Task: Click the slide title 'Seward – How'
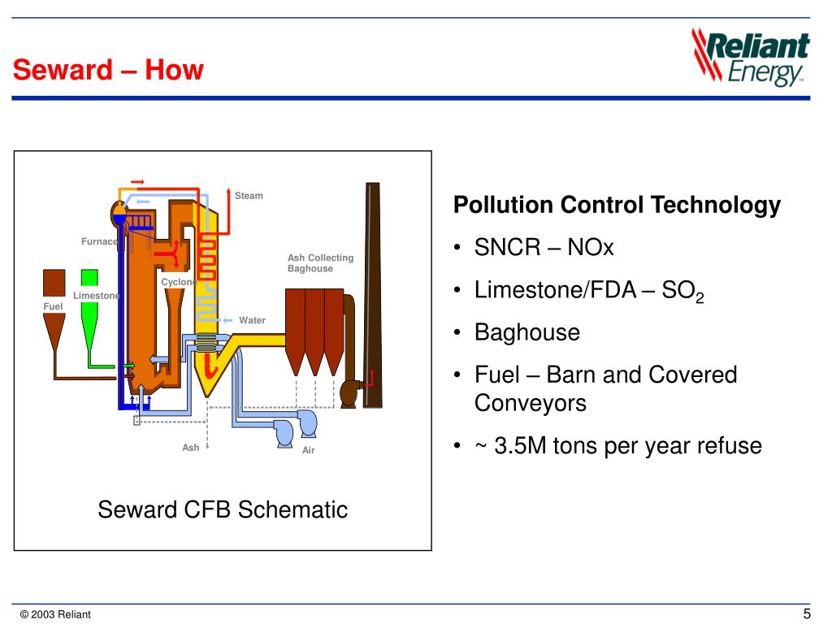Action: [108, 71]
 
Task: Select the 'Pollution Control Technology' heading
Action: [617, 206]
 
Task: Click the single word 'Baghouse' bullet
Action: [527, 332]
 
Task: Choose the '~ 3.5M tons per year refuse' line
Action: [618, 446]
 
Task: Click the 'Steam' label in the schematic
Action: [249, 196]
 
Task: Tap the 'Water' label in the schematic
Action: [252, 320]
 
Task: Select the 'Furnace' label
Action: [99, 241]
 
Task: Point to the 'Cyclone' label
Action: [178, 282]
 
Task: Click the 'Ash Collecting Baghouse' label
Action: [320, 263]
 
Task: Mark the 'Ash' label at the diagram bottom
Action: [191, 448]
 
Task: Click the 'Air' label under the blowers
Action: [308, 450]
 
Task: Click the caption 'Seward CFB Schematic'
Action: [223, 510]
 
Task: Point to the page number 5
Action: [807, 613]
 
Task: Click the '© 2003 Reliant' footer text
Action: [56, 614]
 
